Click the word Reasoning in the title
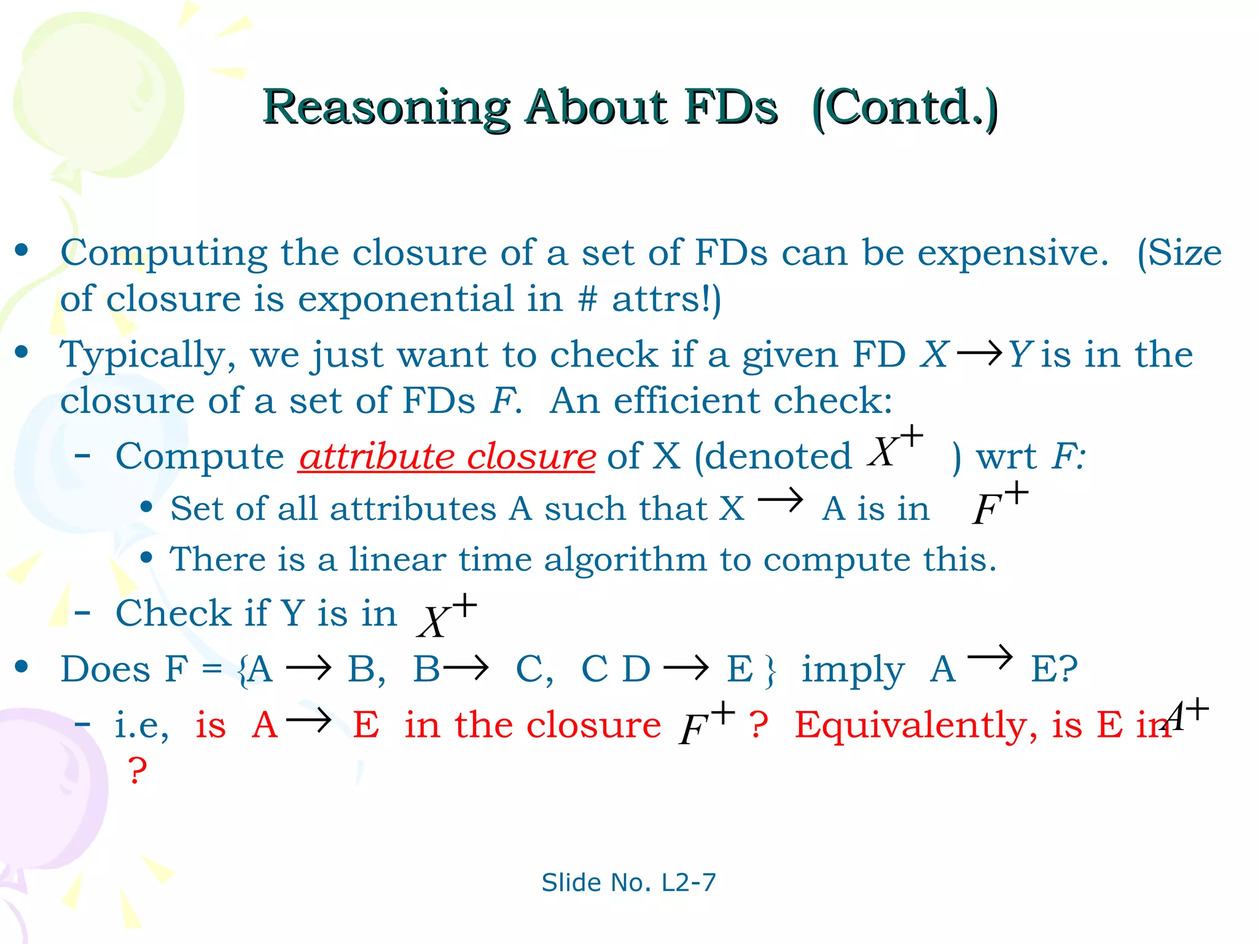click(386, 108)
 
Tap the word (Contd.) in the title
click(905, 108)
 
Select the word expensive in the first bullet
click(1012, 253)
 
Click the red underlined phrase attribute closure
click(447, 456)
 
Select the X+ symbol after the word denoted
click(894, 447)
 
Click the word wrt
click(1006, 457)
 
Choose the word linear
click(397, 559)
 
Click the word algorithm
click(625, 559)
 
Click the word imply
click(853, 669)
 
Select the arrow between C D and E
click(686, 667)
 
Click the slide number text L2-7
click(689, 883)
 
